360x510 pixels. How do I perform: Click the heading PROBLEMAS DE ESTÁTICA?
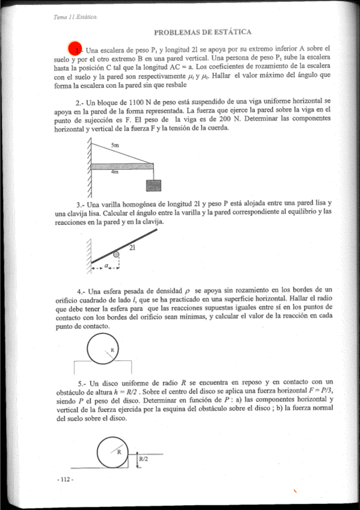(x=203, y=31)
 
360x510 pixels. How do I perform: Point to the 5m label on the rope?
(x=115, y=146)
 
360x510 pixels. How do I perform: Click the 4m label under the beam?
(x=115, y=171)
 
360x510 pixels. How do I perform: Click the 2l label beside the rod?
(x=132, y=247)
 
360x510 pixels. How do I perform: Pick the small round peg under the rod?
(x=117, y=255)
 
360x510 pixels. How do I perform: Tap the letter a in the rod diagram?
(x=106, y=265)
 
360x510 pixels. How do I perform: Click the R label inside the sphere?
(x=112, y=349)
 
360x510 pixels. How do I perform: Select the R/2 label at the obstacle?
(x=144, y=459)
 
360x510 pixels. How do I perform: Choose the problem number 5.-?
(x=82, y=383)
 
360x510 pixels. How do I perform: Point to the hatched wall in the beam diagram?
(x=89, y=168)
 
